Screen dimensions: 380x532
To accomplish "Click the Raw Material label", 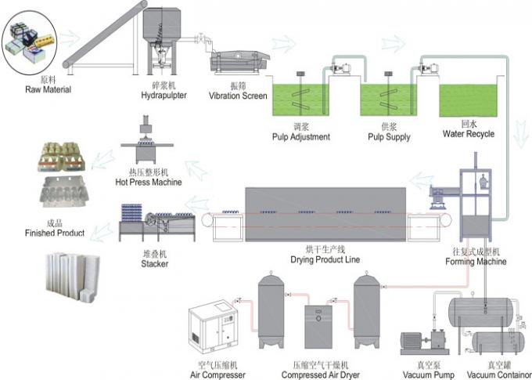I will (48, 89).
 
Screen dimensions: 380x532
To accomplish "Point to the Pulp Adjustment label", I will (300, 136).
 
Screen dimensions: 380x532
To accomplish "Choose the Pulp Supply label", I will (389, 136).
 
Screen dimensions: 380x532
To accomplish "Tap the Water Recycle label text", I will (468, 134).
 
